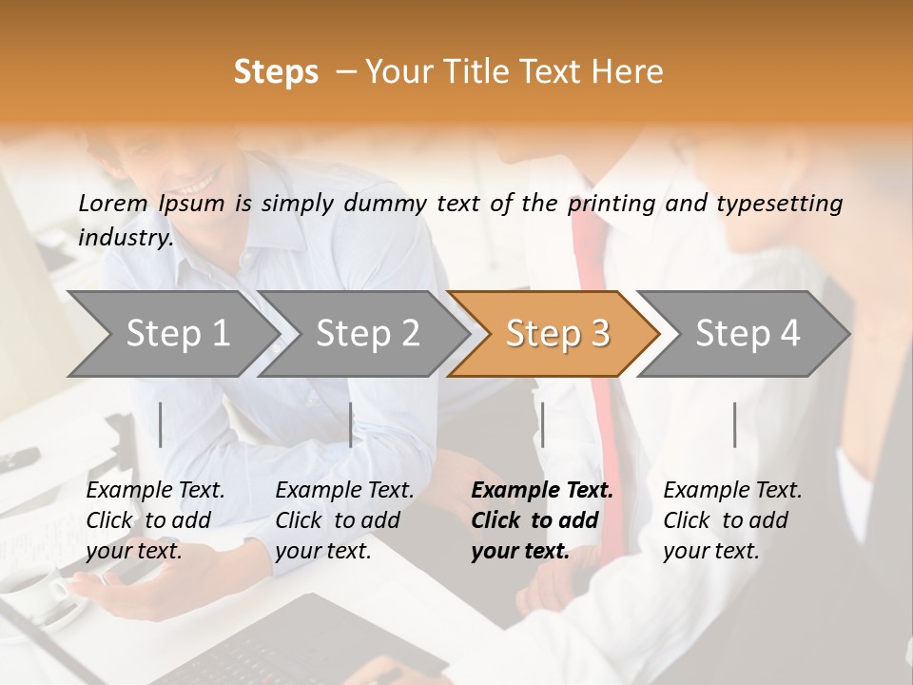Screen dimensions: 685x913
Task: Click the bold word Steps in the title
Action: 276,72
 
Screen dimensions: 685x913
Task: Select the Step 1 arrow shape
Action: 171,334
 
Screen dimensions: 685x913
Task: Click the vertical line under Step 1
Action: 161,424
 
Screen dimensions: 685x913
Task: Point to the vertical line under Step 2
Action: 351,424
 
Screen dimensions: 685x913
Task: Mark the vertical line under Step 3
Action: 542,424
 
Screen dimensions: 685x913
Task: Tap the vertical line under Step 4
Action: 734,424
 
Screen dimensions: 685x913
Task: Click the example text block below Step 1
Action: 155,520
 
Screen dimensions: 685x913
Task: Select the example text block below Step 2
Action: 344,520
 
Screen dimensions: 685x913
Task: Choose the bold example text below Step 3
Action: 542,520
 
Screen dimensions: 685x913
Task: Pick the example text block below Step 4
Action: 732,520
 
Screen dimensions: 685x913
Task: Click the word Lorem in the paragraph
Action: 113,203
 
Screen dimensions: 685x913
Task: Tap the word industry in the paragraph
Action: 125,238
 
